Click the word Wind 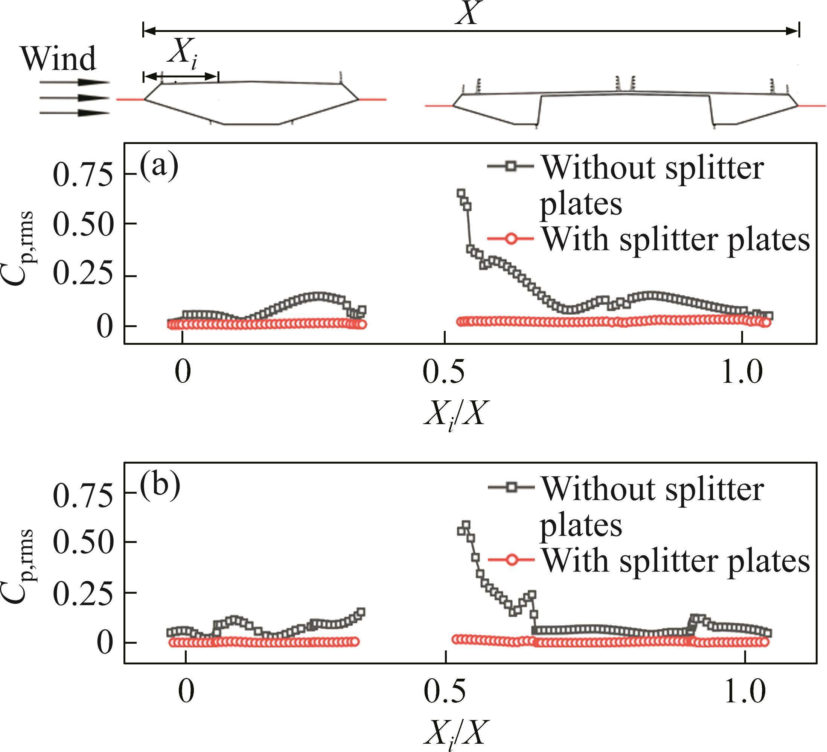pos(59,59)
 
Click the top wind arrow pos(74,82)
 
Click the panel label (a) pos(159,165)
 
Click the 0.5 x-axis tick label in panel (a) pos(444,373)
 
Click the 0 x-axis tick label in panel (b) pos(186,692)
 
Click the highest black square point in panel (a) pos(461,193)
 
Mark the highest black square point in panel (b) pos(466,525)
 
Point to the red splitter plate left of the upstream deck pos(130,99)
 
